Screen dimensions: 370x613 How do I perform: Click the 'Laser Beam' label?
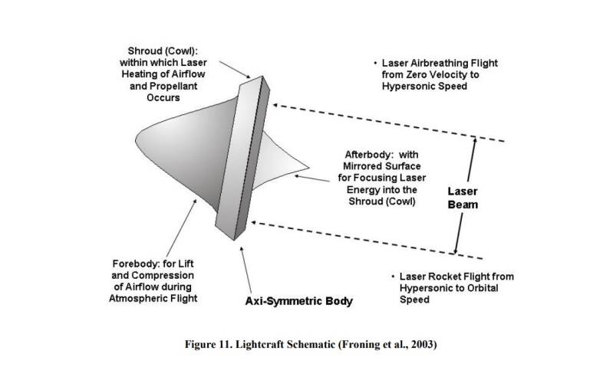point(466,196)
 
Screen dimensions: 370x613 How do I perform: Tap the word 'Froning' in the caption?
point(364,343)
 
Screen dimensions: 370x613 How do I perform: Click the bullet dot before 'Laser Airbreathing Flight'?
point(375,63)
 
